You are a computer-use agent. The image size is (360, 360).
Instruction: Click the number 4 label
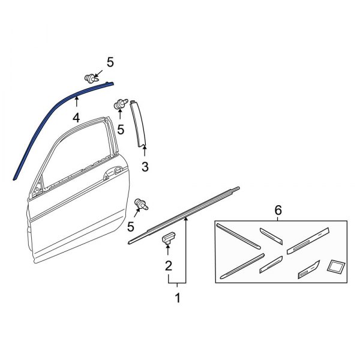click(76, 118)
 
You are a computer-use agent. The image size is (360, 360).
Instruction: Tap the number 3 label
click(145, 166)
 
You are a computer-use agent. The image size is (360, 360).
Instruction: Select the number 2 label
click(169, 265)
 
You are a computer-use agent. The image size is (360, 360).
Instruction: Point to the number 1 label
click(177, 297)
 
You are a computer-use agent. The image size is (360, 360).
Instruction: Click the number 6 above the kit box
click(278, 211)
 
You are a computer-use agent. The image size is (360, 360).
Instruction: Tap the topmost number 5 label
click(110, 62)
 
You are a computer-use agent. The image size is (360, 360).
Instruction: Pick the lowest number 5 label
click(131, 226)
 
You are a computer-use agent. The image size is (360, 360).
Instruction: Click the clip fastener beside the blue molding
click(91, 78)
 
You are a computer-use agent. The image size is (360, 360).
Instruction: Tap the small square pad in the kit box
click(335, 266)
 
